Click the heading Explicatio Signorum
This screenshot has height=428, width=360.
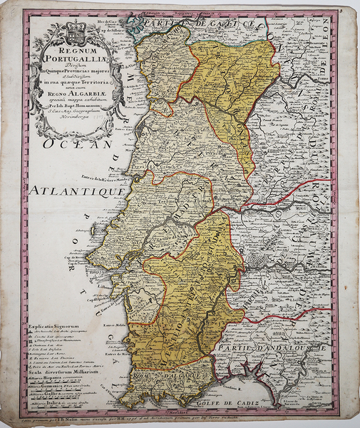tap(56, 325)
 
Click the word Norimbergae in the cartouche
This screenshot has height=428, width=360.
tap(73, 114)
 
